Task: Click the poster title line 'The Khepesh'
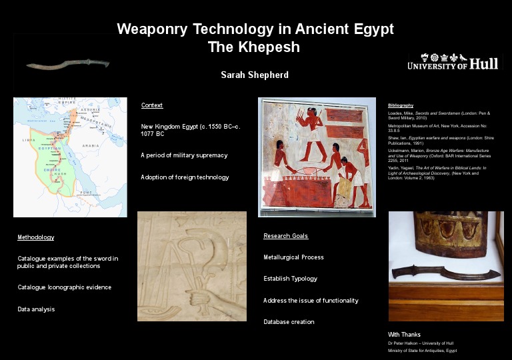pos(254,47)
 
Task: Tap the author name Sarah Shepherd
pos(255,75)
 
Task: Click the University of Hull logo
pos(453,63)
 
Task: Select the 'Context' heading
pos(152,105)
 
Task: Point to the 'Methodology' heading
pos(35,237)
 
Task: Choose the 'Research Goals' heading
pos(285,236)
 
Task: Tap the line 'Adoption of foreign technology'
pos(185,177)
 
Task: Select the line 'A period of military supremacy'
pos(184,155)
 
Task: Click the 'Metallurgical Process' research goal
pos(293,257)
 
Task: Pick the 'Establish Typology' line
pos(290,279)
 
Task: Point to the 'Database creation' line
pos(289,322)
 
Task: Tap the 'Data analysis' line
pos(36,309)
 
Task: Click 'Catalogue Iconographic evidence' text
pos(64,287)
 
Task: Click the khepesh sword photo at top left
pos(67,65)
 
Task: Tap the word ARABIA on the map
pos(91,145)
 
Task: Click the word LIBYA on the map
pos(29,140)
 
